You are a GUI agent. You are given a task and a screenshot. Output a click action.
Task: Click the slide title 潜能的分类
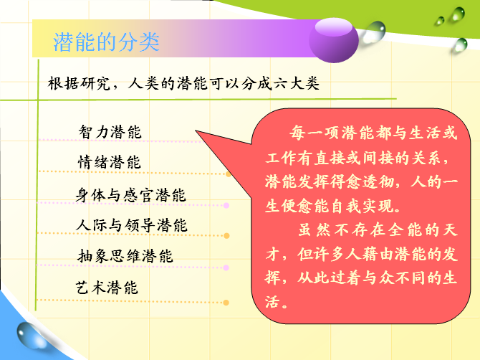click(x=106, y=42)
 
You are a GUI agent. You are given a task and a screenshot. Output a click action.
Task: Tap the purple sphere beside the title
click(x=334, y=40)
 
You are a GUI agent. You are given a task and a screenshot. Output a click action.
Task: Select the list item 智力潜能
click(x=110, y=132)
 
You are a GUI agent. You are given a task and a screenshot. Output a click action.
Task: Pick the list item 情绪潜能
click(x=110, y=162)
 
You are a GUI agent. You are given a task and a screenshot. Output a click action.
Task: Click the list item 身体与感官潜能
click(x=130, y=195)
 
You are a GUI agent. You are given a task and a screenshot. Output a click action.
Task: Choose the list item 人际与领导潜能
click(x=132, y=225)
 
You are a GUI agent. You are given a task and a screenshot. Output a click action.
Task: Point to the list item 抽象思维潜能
click(x=125, y=256)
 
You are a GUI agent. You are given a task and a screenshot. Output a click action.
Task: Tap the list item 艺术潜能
click(x=107, y=288)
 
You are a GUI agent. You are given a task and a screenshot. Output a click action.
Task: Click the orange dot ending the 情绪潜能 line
click(x=229, y=174)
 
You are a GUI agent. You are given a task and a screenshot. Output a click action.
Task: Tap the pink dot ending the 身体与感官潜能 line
click(x=226, y=205)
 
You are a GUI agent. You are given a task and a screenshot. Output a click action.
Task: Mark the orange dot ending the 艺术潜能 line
click(x=226, y=303)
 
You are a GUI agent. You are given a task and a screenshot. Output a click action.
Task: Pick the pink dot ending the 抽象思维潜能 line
click(x=226, y=267)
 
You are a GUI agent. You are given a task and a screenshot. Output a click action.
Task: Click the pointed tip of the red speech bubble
click(x=196, y=131)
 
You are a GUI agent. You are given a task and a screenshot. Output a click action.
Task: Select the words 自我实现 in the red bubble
click(x=362, y=207)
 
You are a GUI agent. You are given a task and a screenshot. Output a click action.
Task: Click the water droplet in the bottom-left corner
click(x=32, y=336)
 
